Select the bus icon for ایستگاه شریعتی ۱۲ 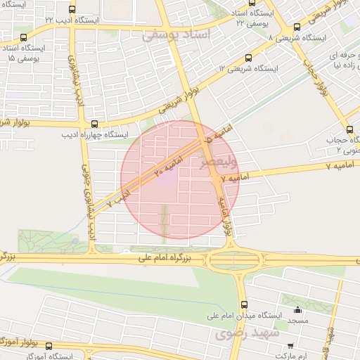click(x=247, y=60)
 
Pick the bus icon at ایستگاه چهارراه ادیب click(x=95, y=124)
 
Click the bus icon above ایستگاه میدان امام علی click(x=244, y=304)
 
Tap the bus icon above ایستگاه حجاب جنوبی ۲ click(x=349, y=129)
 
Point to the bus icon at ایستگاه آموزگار click(x=49, y=346)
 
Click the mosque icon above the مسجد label click(x=297, y=309)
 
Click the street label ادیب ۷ click(x=118, y=196)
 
